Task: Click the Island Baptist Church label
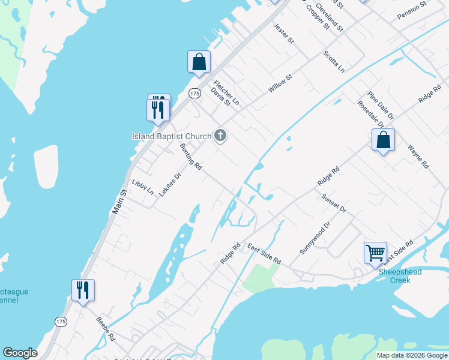tap(172, 136)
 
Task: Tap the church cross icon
tap(220, 136)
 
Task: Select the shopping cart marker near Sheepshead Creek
tap(375, 252)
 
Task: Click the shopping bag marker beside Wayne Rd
tap(383, 140)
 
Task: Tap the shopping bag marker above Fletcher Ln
tap(199, 62)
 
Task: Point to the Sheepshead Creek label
tap(400, 276)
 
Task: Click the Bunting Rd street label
tap(190, 157)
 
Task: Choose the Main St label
tap(120, 202)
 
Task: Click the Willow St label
tap(280, 83)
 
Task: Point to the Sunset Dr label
tap(334, 203)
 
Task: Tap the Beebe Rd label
tap(105, 329)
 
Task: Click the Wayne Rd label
tap(418, 156)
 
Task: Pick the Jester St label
tap(283, 34)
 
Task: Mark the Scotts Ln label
tap(334, 61)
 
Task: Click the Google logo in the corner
tap(20, 353)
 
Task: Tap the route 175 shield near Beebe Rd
tap(61, 322)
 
